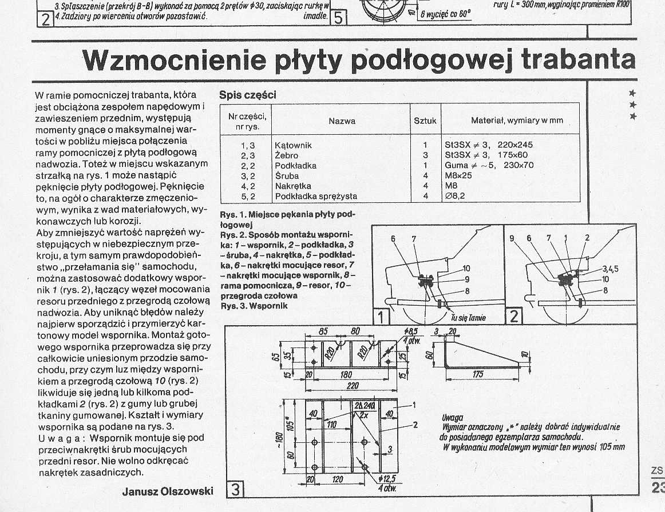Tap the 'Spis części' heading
(248, 95)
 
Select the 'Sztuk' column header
(425, 121)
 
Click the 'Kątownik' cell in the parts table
(293, 145)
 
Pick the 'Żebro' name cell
(287, 155)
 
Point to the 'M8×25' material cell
(458, 176)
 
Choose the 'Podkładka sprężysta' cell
(316, 197)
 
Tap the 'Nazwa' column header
(342, 121)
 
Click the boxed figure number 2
(514, 316)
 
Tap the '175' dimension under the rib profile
(478, 375)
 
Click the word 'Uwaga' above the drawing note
(453, 418)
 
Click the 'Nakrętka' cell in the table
(293, 186)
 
